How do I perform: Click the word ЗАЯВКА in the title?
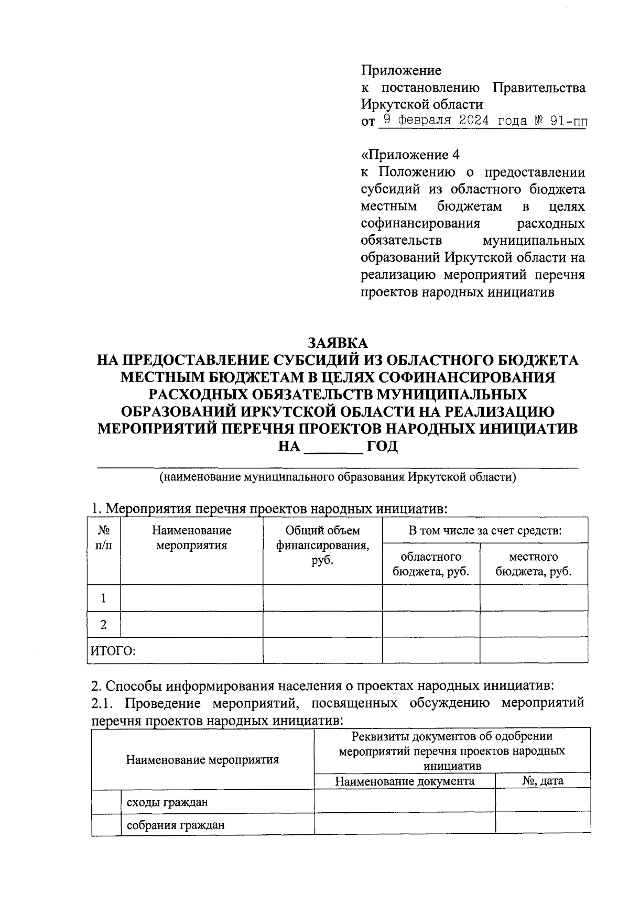(x=338, y=343)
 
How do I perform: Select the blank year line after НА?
(x=333, y=447)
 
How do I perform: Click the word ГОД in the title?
(x=382, y=446)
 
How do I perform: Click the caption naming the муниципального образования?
(x=338, y=477)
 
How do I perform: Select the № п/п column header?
(x=103, y=538)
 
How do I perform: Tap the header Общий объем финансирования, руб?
(x=322, y=545)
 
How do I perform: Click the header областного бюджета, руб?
(x=431, y=564)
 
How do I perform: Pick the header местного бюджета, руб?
(x=534, y=564)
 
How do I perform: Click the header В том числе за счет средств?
(x=485, y=530)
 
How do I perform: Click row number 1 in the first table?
(x=104, y=598)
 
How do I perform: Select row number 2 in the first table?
(x=104, y=625)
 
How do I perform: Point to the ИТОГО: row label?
(x=113, y=651)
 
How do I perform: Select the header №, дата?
(x=543, y=781)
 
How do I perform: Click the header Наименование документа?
(x=405, y=781)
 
